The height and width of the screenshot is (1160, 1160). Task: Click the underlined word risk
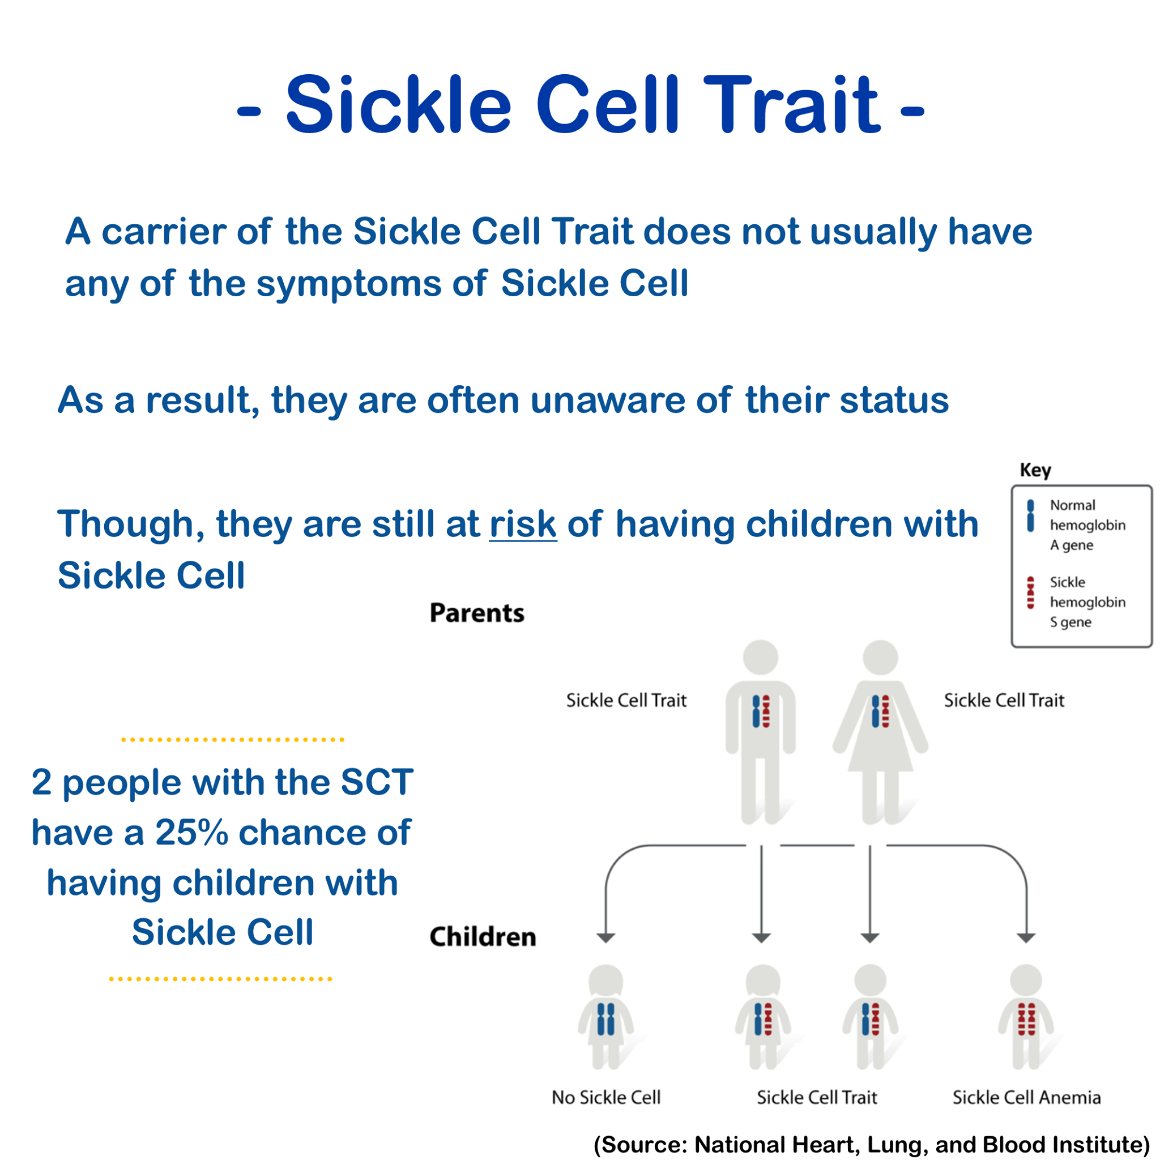click(x=523, y=523)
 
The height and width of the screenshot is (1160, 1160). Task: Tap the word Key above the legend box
click(x=1035, y=470)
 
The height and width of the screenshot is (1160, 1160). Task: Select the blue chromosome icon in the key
click(x=1030, y=516)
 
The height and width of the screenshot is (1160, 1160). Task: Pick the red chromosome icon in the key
click(x=1030, y=592)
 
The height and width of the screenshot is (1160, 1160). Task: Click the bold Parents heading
click(x=477, y=613)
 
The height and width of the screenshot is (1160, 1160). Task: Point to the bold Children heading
click(x=483, y=937)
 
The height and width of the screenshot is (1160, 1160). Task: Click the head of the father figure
click(x=761, y=657)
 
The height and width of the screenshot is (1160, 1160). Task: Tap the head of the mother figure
click(x=880, y=657)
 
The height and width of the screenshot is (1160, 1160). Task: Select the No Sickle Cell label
click(x=606, y=1098)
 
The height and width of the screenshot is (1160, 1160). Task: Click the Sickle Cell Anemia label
click(x=1027, y=1098)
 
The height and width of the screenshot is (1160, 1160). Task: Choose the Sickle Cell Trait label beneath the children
click(x=817, y=1098)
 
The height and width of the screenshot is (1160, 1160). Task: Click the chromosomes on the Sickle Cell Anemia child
click(x=1027, y=1019)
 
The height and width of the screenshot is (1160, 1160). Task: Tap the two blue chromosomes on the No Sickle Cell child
click(x=606, y=1019)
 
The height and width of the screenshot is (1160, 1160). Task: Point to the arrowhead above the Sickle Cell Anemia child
click(x=1026, y=938)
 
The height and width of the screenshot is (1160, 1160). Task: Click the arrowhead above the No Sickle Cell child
click(x=606, y=938)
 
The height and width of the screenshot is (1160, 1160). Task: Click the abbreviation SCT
click(x=377, y=782)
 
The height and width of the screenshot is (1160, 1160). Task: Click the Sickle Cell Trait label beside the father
click(x=626, y=700)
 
